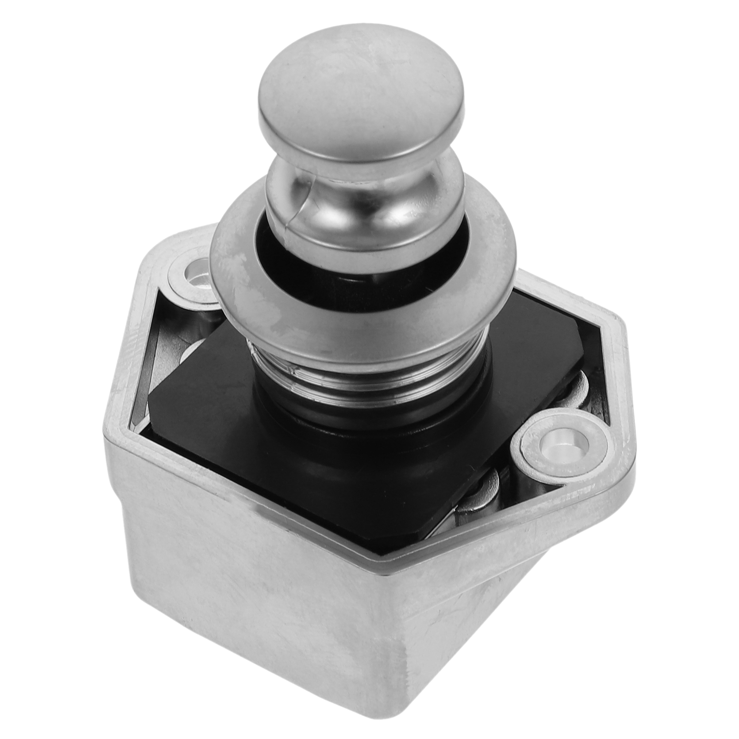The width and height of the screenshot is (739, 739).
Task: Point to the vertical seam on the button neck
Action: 296,203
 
